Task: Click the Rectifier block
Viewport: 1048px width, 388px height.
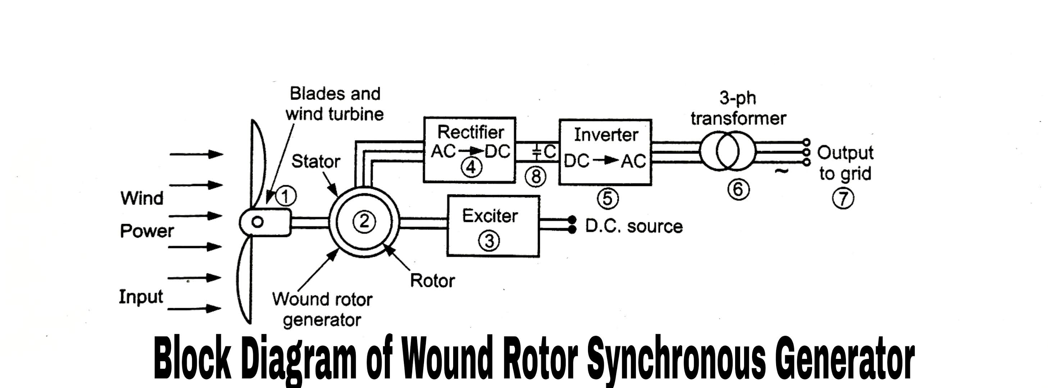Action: (470, 149)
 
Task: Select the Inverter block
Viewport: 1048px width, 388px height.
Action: (605, 152)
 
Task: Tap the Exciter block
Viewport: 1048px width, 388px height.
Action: (493, 226)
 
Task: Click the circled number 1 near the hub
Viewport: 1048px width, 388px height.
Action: (286, 196)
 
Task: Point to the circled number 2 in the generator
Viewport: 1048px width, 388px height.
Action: (364, 221)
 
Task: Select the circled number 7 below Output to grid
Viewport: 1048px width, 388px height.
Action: (843, 199)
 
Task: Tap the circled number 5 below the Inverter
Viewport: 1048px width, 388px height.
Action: (607, 198)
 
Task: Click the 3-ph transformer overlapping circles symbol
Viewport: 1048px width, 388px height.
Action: (728, 151)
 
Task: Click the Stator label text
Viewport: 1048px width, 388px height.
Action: (315, 161)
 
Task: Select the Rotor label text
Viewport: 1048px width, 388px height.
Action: (432, 280)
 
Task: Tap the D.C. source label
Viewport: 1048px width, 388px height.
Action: (633, 227)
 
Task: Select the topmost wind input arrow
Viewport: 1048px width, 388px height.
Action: (196, 154)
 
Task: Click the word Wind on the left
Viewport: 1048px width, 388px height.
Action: (142, 198)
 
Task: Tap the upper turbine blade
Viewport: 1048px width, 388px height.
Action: (258, 163)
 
